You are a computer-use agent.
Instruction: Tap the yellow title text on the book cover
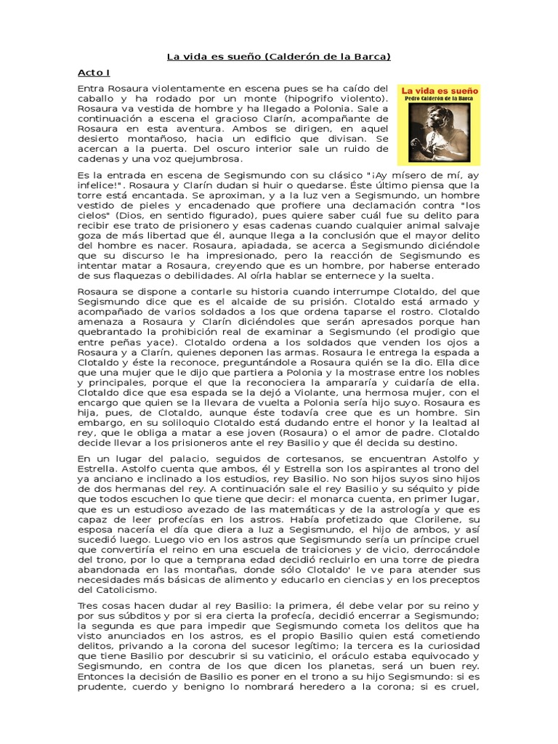438,94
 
